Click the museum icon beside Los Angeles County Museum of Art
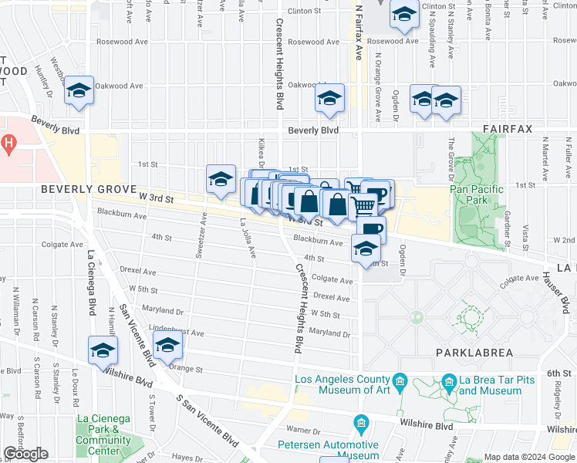(x=399, y=382)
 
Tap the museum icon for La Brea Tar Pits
(x=448, y=382)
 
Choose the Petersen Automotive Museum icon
(x=360, y=424)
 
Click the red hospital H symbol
(x=8, y=143)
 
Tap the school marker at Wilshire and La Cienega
(x=103, y=350)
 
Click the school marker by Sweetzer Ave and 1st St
(x=221, y=179)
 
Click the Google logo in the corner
(x=26, y=454)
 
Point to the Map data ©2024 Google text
(x=529, y=457)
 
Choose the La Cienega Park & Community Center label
(x=103, y=435)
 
